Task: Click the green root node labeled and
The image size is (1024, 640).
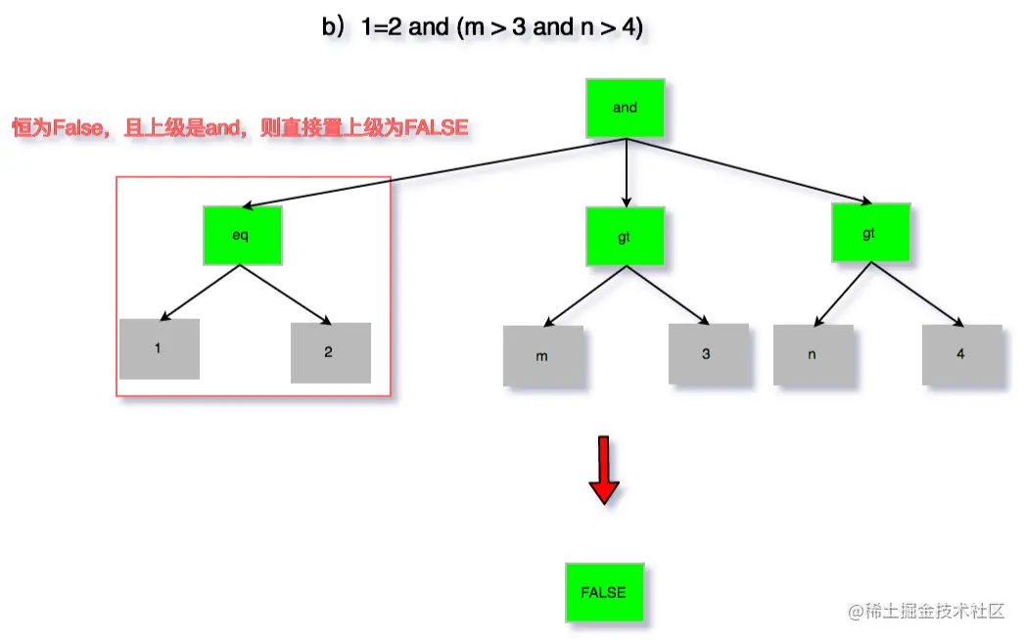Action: pyautogui.click(x=625, y=108)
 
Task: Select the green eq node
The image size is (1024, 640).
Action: pyautogui.click(x=242, y=235)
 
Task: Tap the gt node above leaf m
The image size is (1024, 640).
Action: pyautogui.click(x=625, y=235)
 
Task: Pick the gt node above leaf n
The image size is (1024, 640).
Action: pyautogui.click(x=870, y=233)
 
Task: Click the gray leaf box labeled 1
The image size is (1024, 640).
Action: pyautogui.click(x=159, y=348)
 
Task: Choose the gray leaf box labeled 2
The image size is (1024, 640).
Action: pyautogui.click(x=330, y=352)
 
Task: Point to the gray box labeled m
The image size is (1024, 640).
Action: pyautogui.click(x=543, y=356)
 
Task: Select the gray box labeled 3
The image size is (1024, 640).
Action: pyautogui.click(x=708, y=354)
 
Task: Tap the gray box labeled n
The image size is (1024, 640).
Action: pyautogui.click(x=813, y=355)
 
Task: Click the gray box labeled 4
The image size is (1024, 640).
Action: pyautogui.click(x=961, y=354)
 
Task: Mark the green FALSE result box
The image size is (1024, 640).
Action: pyautogui.click(x=604, y=592)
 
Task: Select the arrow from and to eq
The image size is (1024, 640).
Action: pyautogui.click(x=431, y=173)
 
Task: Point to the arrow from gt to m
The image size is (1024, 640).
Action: pyautogui.click(x=583, y=297)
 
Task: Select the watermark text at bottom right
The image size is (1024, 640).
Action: pyautogui.click(x=927, y=612)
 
